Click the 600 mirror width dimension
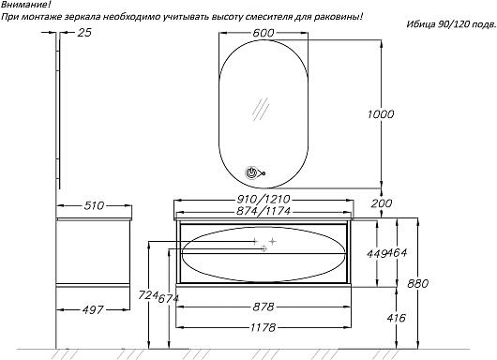pyautogui.click(x=264, y=33)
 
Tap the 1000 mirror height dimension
pyautogui.click(x=381, y=114)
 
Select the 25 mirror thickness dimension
pyautogui.click(x=84, y=32)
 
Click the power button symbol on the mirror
pyautogui.click(x=250, y=172)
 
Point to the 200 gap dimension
pyautogui.click(x=382, y=203)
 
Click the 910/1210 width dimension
pyautogui.click(x=264, y=199)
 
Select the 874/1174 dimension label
pyautogui.click(x=264, y=211)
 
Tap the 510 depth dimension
pyautogui.click(x=94, y=205)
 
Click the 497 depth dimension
pyautogui.click(x=93, y=309)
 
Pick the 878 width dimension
pyautogui.click(x=264, y=307)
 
